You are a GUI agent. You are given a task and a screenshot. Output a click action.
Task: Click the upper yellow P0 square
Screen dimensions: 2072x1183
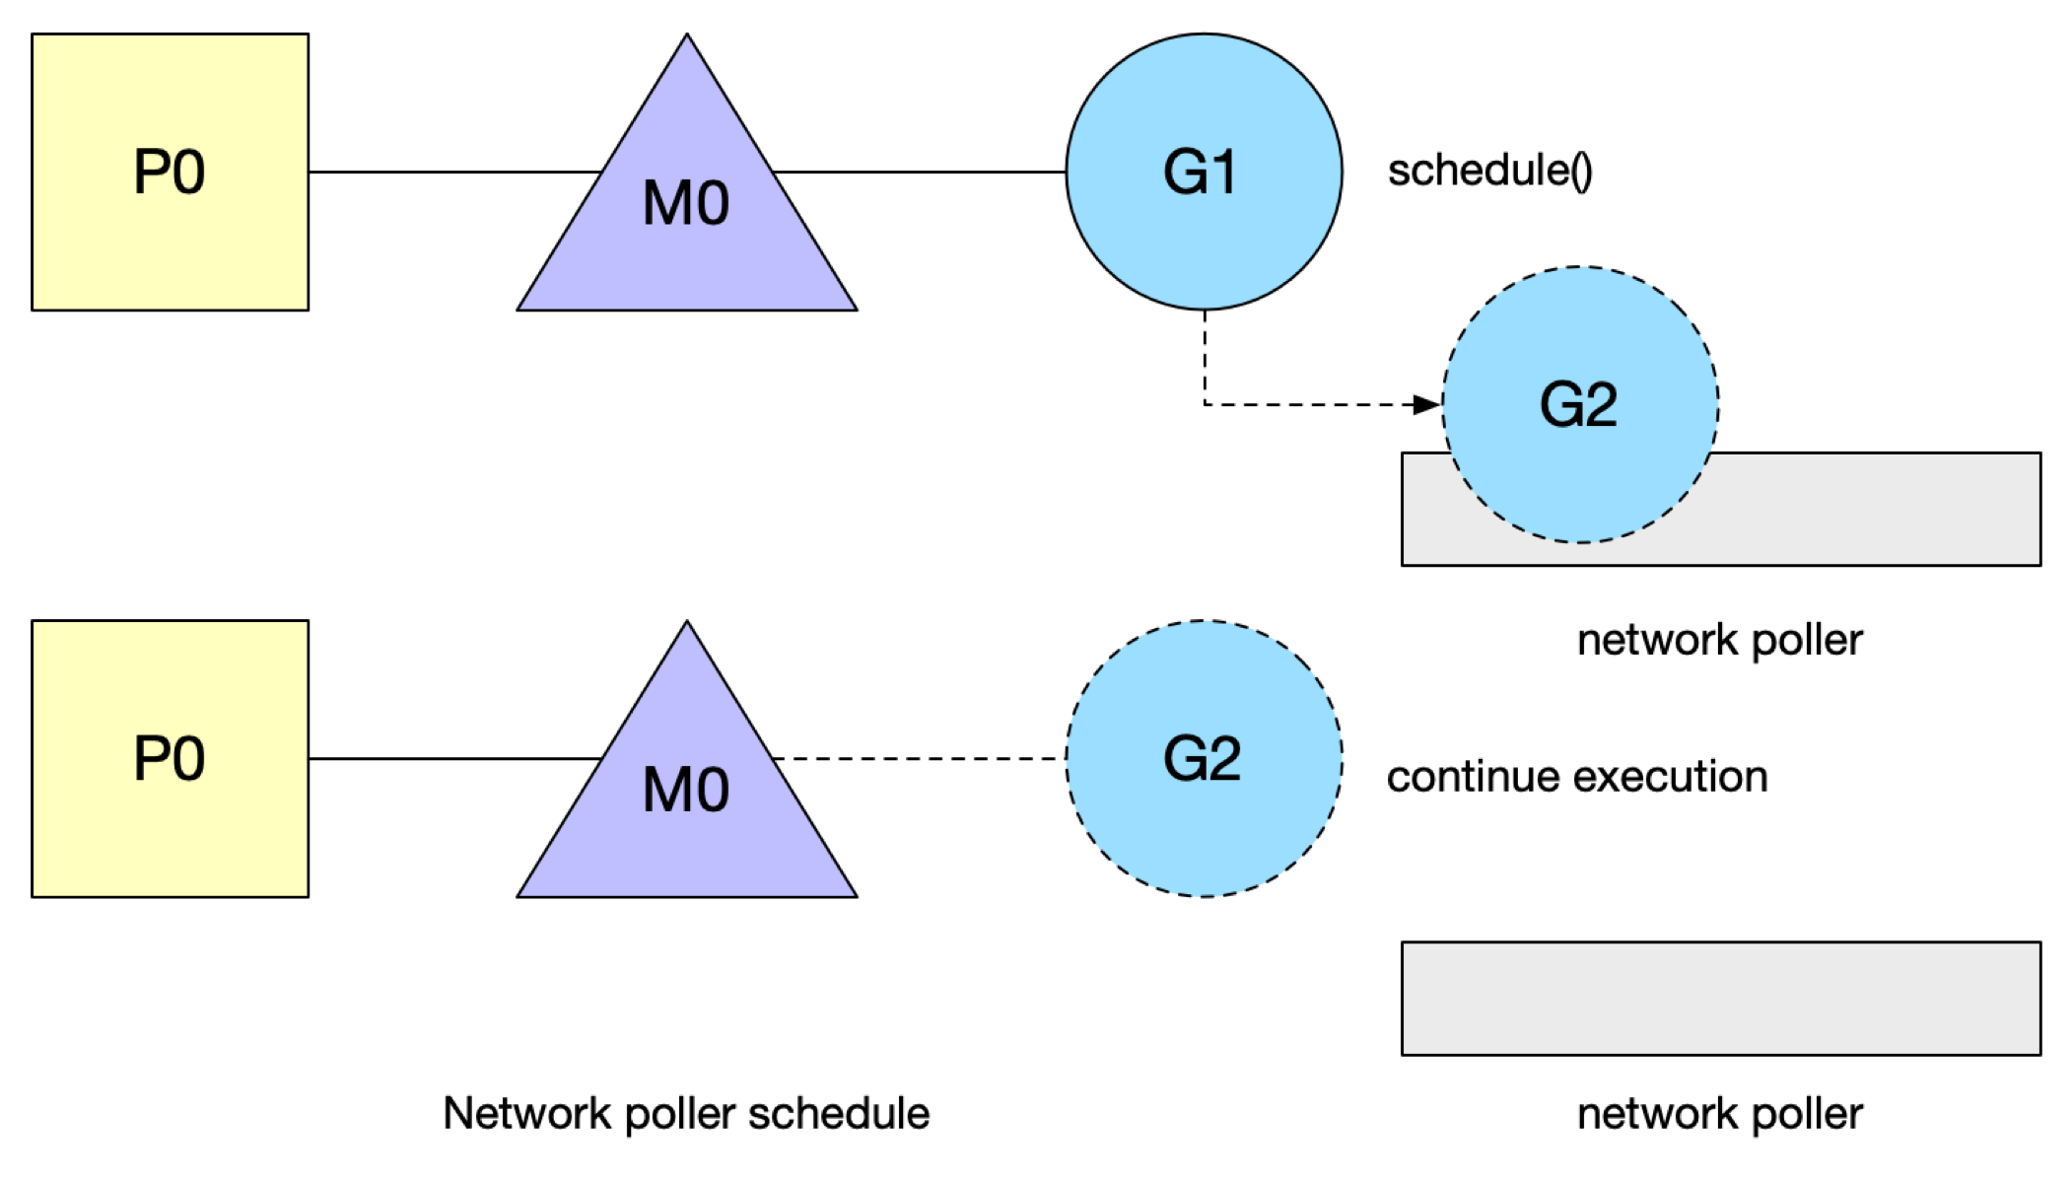170,173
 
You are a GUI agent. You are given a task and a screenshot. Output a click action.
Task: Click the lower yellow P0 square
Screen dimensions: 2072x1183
170,759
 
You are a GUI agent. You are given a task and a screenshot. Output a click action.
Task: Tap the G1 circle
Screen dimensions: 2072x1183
1204,172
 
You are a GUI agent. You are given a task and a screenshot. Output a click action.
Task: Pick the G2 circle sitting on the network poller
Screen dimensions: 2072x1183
1580,404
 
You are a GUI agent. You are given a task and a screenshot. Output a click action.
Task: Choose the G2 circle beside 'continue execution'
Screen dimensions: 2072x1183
1204,758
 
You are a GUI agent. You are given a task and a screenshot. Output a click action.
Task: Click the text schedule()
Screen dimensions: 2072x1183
1489,171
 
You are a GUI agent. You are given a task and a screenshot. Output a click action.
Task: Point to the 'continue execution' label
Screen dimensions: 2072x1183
1577,777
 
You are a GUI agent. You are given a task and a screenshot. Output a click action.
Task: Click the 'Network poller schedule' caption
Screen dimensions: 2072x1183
686,1114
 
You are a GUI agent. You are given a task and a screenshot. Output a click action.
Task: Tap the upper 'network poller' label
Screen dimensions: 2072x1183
1720,641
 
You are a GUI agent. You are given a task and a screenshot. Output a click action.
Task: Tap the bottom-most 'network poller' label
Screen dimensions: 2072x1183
1720,1115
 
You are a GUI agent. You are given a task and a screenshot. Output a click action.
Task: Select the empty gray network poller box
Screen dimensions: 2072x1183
1721,999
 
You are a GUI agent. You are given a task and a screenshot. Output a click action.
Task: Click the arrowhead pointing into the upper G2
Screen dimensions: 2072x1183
1427,404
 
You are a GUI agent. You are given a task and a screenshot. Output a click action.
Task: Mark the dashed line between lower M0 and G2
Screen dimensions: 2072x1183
919,758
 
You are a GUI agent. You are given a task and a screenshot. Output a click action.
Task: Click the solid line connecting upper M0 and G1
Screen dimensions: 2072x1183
919,172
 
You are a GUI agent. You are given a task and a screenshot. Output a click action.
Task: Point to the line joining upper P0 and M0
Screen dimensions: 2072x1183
455,172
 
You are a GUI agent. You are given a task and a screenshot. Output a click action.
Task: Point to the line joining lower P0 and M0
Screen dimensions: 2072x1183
455,758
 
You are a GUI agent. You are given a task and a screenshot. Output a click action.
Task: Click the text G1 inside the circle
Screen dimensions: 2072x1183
1200,173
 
